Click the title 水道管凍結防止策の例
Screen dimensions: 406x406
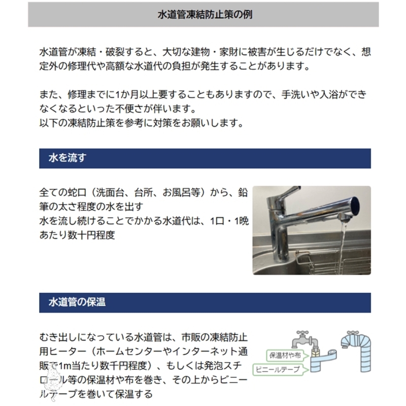point(205,15)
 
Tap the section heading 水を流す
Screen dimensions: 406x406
point(67,158)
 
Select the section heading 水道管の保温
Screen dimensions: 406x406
point(77,302)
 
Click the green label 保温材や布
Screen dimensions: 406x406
point(285,356)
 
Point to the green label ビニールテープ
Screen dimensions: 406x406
point(278,369)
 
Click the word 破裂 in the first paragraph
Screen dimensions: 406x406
point(115,52)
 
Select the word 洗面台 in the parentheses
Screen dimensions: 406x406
point(110,193)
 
